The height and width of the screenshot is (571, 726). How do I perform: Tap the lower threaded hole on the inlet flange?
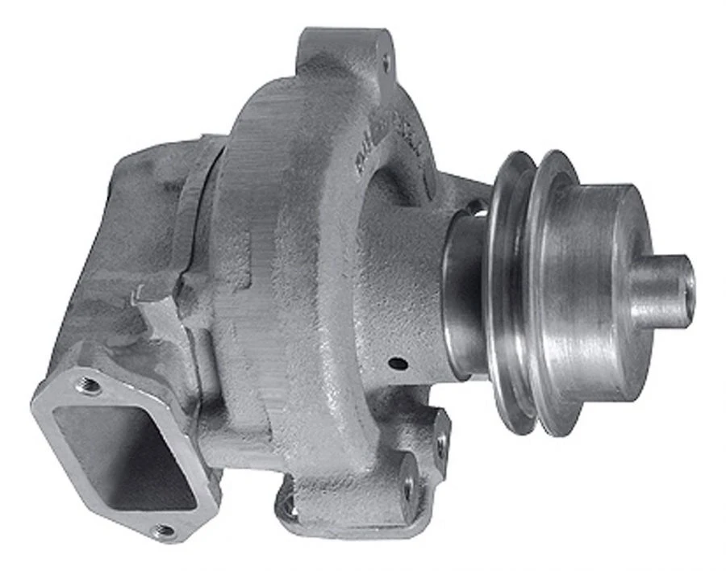point(165,531)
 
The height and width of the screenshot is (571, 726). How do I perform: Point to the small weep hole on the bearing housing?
point(397,364)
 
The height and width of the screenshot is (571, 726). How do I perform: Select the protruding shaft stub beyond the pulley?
point(661,290)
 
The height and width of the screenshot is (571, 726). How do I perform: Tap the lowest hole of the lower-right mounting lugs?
point(408,487)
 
